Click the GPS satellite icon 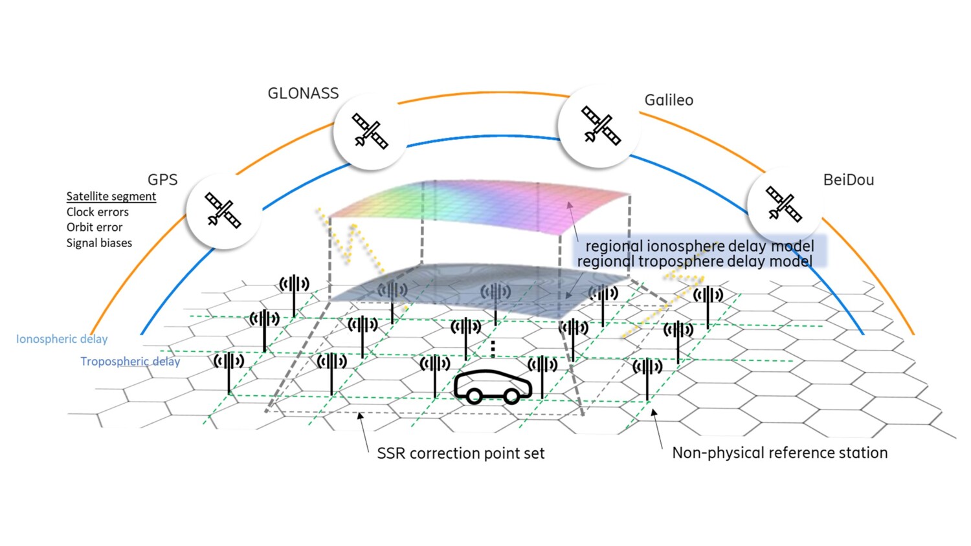[223, 210]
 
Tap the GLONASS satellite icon [370, 131]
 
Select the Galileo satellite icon [601, 126]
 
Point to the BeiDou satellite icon [784, 204]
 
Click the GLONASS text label [303, 94]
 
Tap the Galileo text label [669, 100]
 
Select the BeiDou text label [848, 180]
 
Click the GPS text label [162, 180]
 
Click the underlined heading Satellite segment [111, 196]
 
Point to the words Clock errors [97, 212]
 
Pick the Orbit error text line [94, 228]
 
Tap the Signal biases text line [99, 243]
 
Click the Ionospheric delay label [61, 339]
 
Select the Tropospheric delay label [129, 362]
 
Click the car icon [493, 387]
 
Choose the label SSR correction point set [460, 453]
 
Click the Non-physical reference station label [779, 453]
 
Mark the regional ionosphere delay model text [699, 246]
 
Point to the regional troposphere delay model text [695, 261]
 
